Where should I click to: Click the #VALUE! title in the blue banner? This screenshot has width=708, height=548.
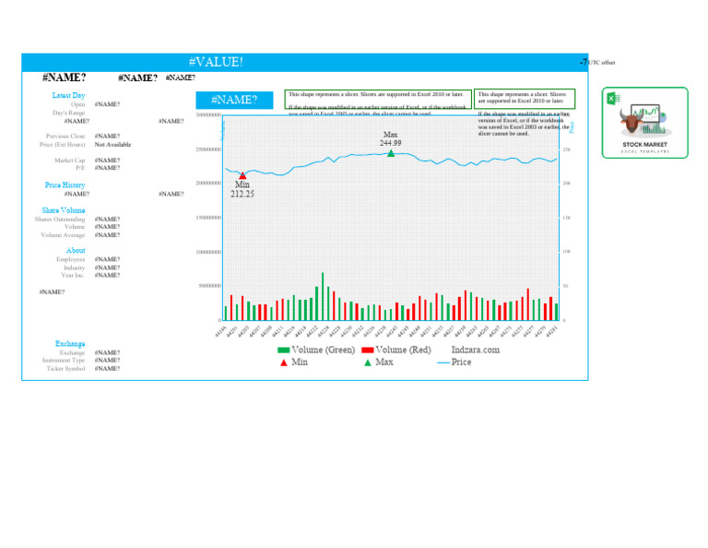[x=216, y=62]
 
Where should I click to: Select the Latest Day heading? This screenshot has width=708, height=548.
[x=69, y=95]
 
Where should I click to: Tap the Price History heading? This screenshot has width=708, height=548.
[x=65, y=185]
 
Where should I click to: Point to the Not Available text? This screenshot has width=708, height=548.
[x=112, y=145]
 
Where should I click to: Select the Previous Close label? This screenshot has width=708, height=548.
[x=65, y=137]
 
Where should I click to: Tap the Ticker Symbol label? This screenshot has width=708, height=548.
[x=65, y=368]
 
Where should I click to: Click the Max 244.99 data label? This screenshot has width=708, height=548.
[x=391, y=138]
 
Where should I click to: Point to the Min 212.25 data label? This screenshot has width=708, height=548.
[x=242, y=190]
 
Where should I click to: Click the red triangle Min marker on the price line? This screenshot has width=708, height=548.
[x=242, y=175]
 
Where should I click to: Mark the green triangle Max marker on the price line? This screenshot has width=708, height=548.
[x=391, y=153]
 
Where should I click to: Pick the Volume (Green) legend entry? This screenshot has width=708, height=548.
[x=316, y=351]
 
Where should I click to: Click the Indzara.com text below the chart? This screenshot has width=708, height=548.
[x=476, y=351]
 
